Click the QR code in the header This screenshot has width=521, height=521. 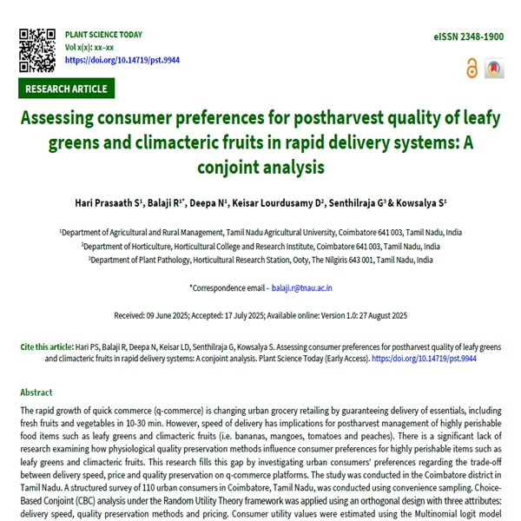pos(37,48)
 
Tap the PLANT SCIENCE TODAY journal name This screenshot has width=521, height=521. pos(104,35)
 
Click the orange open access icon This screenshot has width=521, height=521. pos(472,68)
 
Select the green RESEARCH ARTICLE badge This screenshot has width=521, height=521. pos(66,89)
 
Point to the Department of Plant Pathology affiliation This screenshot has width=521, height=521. pos(260,259)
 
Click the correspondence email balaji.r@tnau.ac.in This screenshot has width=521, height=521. pos(302,287)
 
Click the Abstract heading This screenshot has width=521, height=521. pos(36,392)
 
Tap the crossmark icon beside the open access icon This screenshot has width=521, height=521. pos(494,68)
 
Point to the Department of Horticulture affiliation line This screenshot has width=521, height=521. pos(260,246)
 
